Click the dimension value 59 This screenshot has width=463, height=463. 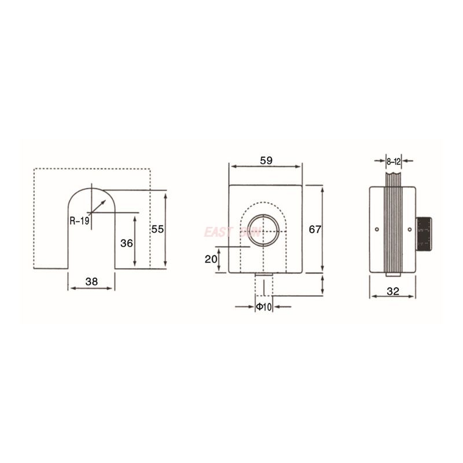(x=266, y=160)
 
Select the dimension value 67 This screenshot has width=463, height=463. (x=314, y=229)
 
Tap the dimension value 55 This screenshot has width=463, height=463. (x=157, y=229)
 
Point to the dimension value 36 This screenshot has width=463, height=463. (x=127, y=243)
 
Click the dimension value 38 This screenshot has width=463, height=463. (x=91, y=282)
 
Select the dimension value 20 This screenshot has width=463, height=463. (x=211, y=259)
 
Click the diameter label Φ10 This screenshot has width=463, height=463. (x=264, y=306)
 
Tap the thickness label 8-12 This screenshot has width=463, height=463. (x=394, y=160)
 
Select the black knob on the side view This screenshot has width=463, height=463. (x=425, y=233)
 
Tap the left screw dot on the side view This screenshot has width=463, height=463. (x=377, y=230)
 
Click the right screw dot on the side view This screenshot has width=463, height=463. (x=410, y=230)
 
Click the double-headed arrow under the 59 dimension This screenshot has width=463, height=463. (x=266, y=167)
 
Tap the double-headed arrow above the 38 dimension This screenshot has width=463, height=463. (x=91, y=288)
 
